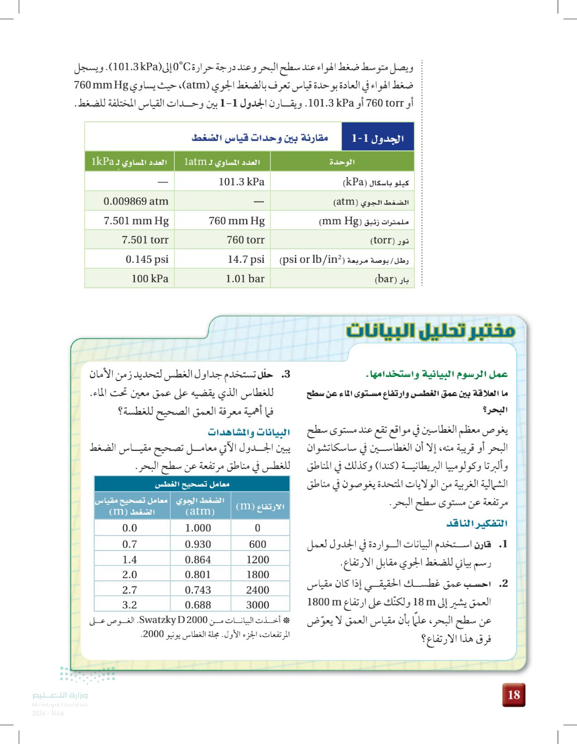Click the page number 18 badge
pyautogui.click(x=513, y=695)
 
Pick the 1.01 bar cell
pyautogui.click(x=245, y=279)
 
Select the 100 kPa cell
pyautogui.click(x=150, y=279)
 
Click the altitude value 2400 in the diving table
pyautogui.click(x=258, y=590)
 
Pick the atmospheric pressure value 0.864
pyautogui.click(x=198, y=559)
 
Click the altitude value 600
pyautogui.click(x=258, y=544)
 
